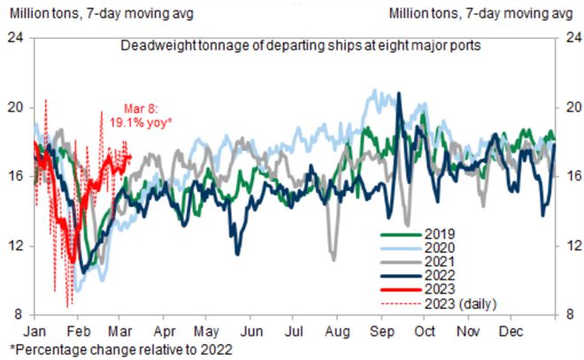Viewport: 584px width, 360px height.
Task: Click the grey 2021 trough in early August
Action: coord(333,258)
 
